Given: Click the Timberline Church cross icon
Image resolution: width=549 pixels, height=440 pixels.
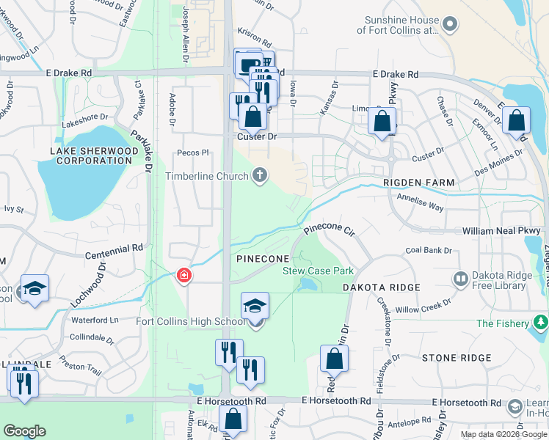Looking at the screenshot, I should (259, 175).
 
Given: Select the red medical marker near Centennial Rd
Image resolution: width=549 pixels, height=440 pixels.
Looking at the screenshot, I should (183, 276).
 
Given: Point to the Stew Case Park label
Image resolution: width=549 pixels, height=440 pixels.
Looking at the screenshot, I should (319, 271).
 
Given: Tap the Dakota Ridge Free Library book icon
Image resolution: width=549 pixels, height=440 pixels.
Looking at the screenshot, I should (460, 279).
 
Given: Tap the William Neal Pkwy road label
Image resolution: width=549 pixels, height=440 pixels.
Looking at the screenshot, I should (501, 231).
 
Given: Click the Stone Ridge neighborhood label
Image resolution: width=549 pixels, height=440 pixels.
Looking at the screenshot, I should (456, 358).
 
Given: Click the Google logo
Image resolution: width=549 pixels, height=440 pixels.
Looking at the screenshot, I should (25, 431).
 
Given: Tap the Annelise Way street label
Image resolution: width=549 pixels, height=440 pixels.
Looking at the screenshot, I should (420, 202).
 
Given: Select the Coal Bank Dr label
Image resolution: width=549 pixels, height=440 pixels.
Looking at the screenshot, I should (429, 251).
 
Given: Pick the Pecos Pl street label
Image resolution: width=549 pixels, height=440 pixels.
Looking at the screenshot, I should (194, 153).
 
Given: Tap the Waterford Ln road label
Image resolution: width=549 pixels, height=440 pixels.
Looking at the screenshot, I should (95, 320).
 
